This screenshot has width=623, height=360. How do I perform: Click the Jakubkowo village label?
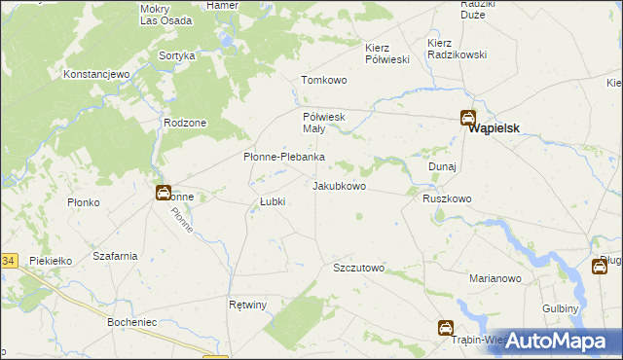click(339, 186)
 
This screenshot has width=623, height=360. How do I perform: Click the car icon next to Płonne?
click(164, 193)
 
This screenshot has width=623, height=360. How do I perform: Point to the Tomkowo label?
click(324, 81)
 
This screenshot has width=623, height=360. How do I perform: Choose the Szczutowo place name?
click(359, 268)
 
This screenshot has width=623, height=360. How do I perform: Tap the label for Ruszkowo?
click(447, 198)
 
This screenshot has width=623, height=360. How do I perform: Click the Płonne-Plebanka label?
click(283, 158)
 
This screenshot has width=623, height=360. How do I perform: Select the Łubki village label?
click(272, 202)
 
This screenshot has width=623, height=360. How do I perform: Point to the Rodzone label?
click(185, 123)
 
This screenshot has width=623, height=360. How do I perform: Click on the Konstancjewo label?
click(96, 74)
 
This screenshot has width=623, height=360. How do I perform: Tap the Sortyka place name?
click(176, 56)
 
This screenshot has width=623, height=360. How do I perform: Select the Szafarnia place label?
click(114, 256)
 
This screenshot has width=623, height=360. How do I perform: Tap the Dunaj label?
click(443, 166)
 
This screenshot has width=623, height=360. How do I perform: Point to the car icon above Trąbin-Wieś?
click(445, 328)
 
